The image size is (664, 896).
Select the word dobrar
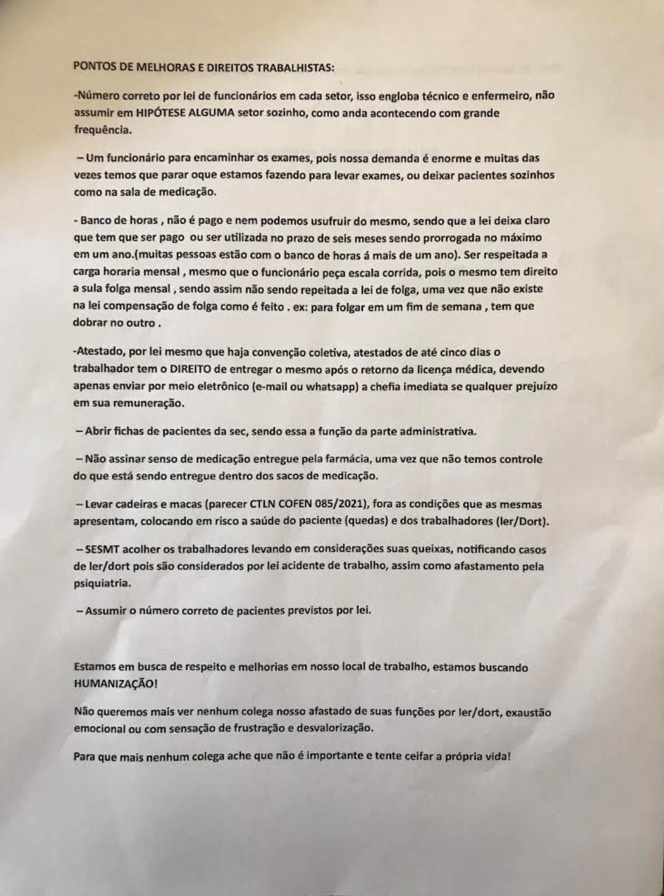[92, 325]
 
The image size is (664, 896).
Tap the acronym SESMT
[107, 550]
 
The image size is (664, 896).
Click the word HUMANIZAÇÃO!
[116, 684]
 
